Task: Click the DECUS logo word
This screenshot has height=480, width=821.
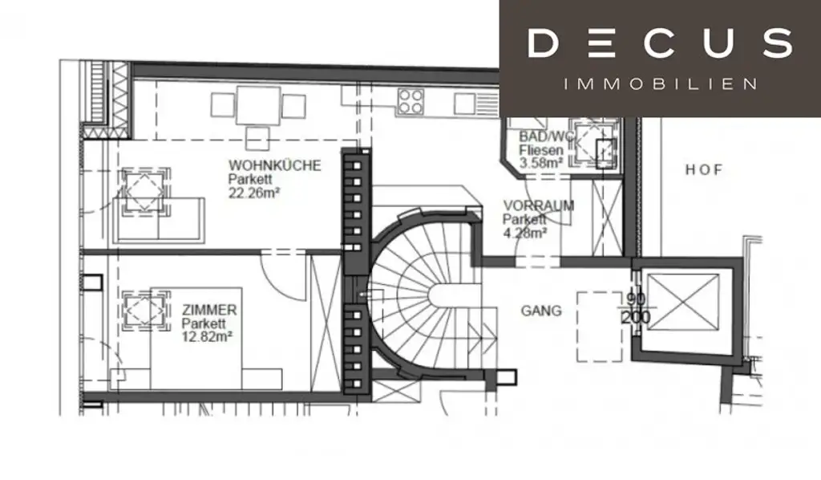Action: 660,43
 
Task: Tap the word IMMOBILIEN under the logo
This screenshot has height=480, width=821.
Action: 660,83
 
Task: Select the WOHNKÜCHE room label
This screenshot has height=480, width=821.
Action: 274,165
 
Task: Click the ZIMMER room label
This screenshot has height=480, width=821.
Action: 209,310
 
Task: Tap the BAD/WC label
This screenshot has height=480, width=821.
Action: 547,136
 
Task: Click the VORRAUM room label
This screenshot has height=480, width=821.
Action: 538,205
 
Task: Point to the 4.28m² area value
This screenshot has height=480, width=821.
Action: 525,233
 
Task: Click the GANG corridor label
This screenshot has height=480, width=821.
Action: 541,311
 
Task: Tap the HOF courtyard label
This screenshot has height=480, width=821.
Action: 703,170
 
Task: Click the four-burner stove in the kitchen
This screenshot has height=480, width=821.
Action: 411,102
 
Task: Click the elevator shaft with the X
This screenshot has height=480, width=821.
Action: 682,302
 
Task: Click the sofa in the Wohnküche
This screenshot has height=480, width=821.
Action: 160,217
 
